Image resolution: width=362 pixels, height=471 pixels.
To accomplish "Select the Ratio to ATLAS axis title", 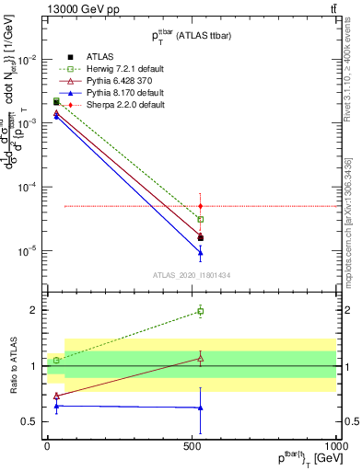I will pyautogui.click(x=16, y=365).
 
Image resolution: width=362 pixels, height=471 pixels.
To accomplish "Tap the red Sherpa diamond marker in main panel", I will pyautogui.click(x=201, y=206).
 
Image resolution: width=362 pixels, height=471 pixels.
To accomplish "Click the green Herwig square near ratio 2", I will pyautogui.click(x=201, y=312).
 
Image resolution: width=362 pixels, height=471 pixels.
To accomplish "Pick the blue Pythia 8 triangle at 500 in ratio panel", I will pyautogui.click(x=201, y=408).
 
